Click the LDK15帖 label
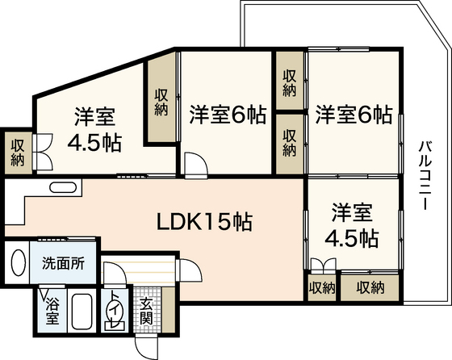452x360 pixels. click(205, 222)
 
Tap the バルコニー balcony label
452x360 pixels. click(425, 175)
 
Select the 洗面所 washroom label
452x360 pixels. click(64, 262)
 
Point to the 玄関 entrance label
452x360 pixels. click(146, 312)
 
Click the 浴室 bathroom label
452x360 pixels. click(52, 311)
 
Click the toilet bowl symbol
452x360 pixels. click(115, 312)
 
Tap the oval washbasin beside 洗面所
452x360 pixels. click(18, 262)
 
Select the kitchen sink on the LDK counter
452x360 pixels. click(64, 187)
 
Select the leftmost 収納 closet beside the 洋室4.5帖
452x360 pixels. click(18, 153)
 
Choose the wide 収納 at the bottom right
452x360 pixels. click(370, 287)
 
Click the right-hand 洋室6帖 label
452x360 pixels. click(354, 115)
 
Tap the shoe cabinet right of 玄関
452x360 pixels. click(169, 310)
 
